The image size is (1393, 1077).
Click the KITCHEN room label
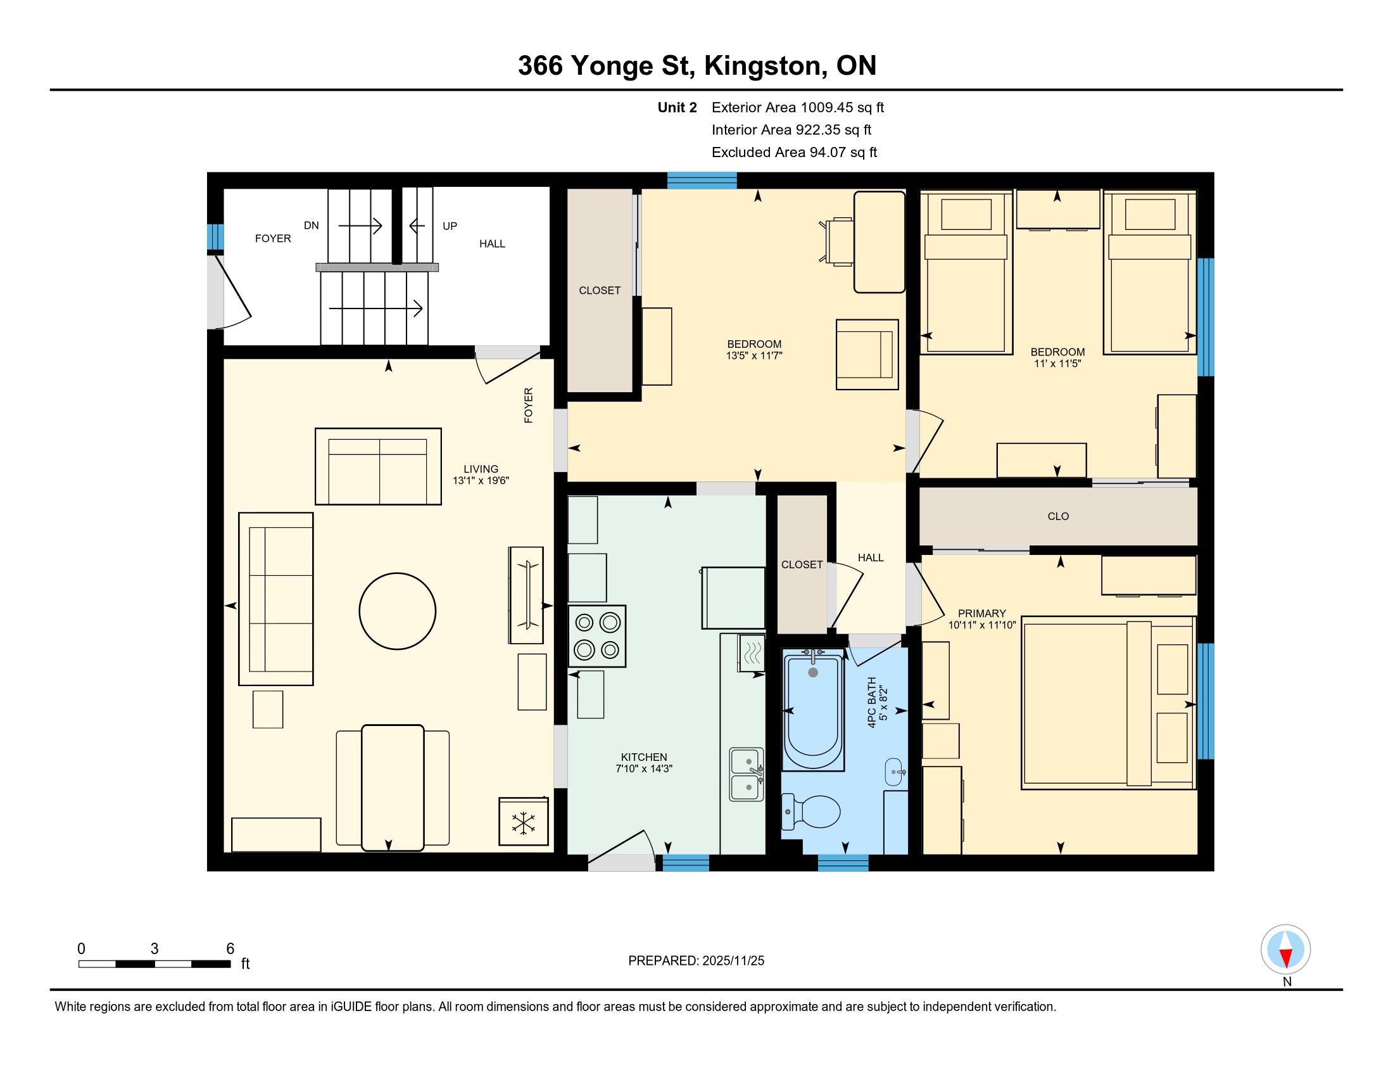pos(644,757)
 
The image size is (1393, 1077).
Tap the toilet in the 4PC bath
pos(810,812)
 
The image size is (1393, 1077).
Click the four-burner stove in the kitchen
pos(597,636)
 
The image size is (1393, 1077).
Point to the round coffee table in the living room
pos(398,611)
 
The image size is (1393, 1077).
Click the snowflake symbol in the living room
pos(524,823)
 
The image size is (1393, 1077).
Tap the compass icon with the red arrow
pos(1286,950)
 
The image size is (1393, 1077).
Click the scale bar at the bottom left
pos(155,964)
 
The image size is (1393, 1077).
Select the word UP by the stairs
pos(450,226)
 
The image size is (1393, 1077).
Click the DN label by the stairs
pos(312,226)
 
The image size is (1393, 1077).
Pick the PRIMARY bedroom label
pos(981,613)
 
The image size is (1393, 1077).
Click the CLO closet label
pos(1058,516)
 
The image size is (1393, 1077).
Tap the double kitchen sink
pos(747,774)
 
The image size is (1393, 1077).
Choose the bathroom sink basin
pos(894,772)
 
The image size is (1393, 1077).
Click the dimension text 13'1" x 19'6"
pos(481,480)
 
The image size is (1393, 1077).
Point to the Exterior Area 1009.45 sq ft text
pos(798,107)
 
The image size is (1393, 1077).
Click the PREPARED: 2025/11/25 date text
pos(696,961)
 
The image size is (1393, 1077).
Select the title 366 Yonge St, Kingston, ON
pos(697,66)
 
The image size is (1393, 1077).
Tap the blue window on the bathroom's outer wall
pos(843,863)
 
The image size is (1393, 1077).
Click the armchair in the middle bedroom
pos(867,355)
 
